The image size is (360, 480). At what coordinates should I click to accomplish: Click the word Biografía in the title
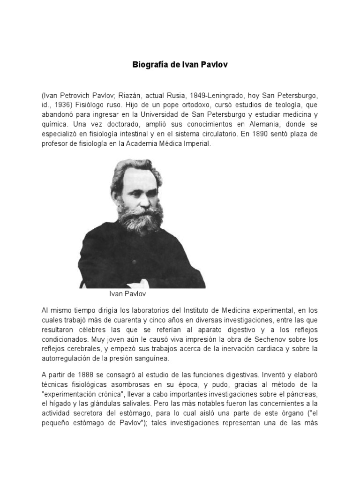click(x=150, y=65)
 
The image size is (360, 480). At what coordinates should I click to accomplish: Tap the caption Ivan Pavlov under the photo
click(x=127, y=294)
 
